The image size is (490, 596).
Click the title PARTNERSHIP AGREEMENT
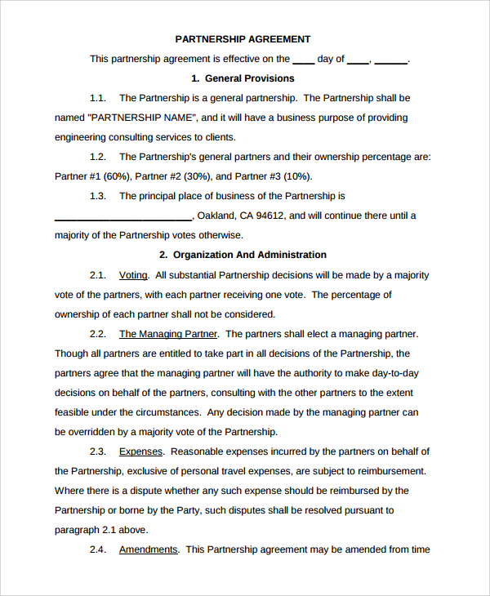[x=243, y=39]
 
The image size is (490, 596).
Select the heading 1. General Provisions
[x=243, y=78]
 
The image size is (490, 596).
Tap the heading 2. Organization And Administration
[x=243, y=255]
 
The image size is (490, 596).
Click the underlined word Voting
[x=133, y=275]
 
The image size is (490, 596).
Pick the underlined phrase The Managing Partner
[x=168, y=334]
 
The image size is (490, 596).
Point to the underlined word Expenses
[x=141, y=451]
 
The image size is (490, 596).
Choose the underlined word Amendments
[x=148, y=549]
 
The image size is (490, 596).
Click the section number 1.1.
[x=98, y=98]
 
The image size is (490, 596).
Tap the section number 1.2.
[x=98, y=157]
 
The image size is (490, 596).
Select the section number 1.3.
[x=98, y=196]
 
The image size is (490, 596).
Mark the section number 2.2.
[x=98, y=334]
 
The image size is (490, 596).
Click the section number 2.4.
[x=98, y=549]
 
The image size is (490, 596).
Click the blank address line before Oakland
[x=122, y=217]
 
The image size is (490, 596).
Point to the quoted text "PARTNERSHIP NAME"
[x=143, y=118]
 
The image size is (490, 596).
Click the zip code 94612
[x=271, y=216]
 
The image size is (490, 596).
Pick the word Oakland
[x=216, y=216]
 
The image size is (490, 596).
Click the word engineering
[x=82, y=137]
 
